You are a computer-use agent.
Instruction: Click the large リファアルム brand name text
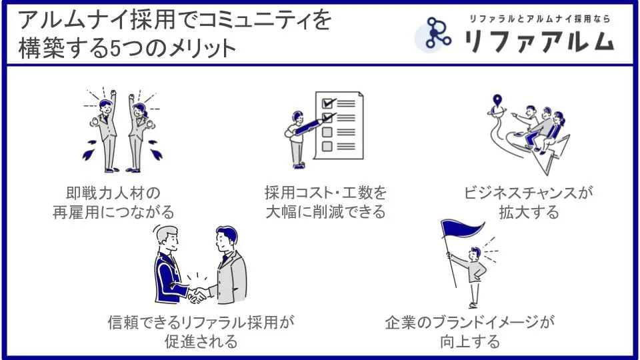pyautogui.click(x=539, y=41)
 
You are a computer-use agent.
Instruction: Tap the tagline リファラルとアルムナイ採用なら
pyautogui.click(x=539, y=19)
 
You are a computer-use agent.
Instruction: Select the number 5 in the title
pyautogui.click(x=115, y=49)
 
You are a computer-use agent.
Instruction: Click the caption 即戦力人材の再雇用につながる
pyautogui.click(x=113, y=203)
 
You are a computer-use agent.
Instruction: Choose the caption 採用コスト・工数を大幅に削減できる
pyautogui.click(x=325, y=203)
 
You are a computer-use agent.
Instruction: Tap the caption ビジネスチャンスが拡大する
pyautogui.click(x=529, y=203)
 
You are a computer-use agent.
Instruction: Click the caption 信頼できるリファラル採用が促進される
pyautogui.click(x=201, y=331)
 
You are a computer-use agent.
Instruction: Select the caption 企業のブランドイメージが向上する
pyautogui.click(x=470, y=331)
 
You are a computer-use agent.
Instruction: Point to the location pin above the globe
pyautogui.click(x=497, y=100)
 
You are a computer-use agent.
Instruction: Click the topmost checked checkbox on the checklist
pyautogui.click(x=328, y=103)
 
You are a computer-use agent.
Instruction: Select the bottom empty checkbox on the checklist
pyautogui.click(x=327, y=146)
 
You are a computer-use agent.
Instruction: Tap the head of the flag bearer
pyautogui.click(x=475, y=253)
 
